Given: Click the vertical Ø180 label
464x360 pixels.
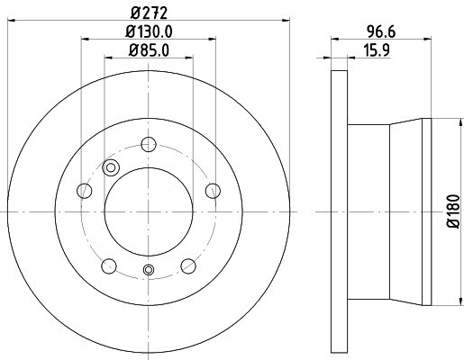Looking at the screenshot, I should (453, 211).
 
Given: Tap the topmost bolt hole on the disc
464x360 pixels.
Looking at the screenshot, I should (150, 143).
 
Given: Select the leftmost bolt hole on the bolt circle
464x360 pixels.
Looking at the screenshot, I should (85, 190).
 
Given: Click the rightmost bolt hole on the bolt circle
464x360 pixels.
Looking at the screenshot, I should (214, 190).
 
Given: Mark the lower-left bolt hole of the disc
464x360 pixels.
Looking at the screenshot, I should (109, 265).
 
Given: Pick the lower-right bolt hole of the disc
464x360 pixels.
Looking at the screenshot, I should (188, 265).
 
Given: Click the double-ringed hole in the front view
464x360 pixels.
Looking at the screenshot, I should (112, 166).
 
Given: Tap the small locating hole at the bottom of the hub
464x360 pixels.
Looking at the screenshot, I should (150, 271).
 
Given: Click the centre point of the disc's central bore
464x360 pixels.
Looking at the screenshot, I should (149, 212).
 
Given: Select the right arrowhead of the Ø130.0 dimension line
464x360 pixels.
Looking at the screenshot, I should (214, 39).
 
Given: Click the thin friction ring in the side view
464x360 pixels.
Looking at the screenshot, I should (339, 212).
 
